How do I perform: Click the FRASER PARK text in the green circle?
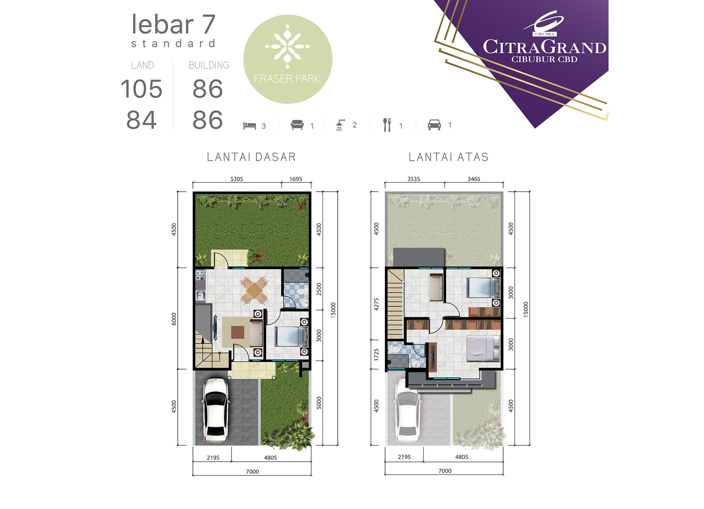[x=287, y=79]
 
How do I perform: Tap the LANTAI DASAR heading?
[x=251, y=157]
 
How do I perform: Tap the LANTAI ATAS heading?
[x=449, y=157]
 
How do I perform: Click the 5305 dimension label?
[x=237, y=179]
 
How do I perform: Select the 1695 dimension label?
[x=296, y=179]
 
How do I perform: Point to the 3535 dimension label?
[x=414, y=179]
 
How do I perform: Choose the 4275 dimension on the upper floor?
[x=376, y=304]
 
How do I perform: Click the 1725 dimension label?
[x=376, y=355]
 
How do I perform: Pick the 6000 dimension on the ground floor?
[x=174, y=319]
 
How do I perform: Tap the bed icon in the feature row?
[x=250, y=126]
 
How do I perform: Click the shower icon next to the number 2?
[x=340, y=125]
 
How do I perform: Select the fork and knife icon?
[x=387, y=125]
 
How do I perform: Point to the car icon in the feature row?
[x=434, y=125]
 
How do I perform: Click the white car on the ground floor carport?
[x=215, y=410]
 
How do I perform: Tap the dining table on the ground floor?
[x=254, y=291]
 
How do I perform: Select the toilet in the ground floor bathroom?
[x=300, y=292]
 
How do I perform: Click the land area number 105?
[x=142, y=89]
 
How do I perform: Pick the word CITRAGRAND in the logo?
[x=544, y=47]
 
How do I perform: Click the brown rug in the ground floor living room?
[x=238, y=332]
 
